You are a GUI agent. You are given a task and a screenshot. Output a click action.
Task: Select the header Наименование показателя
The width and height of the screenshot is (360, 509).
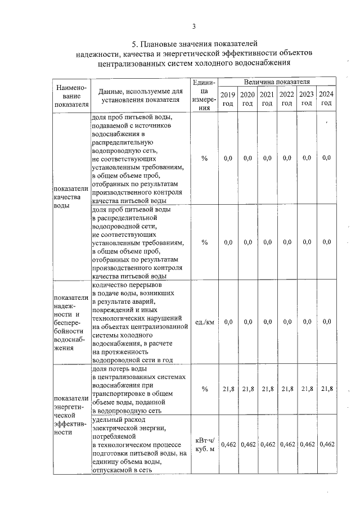click(x=71, y=95)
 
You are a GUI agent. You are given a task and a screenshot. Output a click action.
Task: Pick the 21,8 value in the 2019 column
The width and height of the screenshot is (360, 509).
click(x=228, y=389)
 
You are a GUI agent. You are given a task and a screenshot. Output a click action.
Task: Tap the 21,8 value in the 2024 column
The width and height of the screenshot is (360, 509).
click(x=326, y=389)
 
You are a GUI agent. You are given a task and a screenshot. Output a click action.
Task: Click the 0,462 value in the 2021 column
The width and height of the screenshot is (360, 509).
click(x=267, y=444)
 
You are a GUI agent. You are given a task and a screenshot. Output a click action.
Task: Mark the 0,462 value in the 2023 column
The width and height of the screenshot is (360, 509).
click(x=307, y=444)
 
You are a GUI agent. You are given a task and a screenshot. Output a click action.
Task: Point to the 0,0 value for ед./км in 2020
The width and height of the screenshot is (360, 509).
click(x=247, y=322)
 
